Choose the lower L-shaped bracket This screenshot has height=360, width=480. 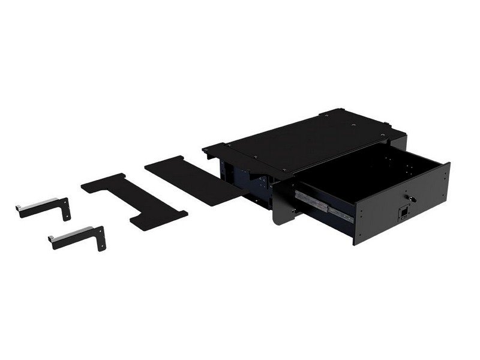[x=79, y=236]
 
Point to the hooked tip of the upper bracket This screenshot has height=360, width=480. [x=20, y=208]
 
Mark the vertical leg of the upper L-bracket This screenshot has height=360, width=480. [x=67, y=207]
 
